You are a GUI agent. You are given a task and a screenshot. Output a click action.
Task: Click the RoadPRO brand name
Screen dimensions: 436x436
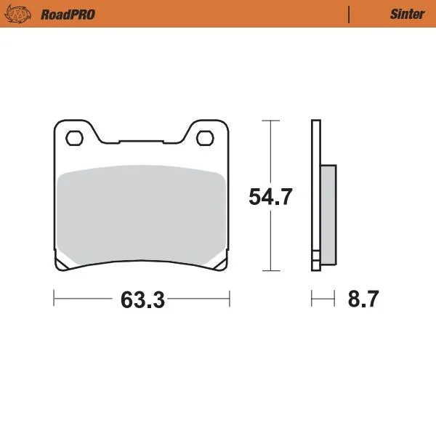point(68,14)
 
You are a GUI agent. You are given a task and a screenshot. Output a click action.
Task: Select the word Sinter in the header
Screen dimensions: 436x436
point(407,14)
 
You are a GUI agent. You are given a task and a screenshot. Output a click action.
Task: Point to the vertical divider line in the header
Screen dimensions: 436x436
point(350,14)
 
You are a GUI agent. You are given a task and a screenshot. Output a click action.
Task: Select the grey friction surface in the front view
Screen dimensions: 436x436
point(140,214)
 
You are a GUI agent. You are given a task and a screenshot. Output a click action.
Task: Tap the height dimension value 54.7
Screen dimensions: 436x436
point(270,197)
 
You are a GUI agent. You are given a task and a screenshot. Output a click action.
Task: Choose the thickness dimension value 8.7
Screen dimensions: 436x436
point(363,299)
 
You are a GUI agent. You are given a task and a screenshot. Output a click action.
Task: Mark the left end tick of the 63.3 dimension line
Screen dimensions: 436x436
point(54,299)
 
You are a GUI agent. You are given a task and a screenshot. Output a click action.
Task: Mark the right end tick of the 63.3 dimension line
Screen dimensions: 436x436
point(229,299)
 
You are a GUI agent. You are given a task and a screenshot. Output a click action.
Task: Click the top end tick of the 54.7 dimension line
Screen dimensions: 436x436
point(270,120)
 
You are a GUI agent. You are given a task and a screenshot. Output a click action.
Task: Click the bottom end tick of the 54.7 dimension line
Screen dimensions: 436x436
point(270,270)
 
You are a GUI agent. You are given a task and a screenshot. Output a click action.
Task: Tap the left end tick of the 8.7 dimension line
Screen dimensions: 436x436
point(312,299)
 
